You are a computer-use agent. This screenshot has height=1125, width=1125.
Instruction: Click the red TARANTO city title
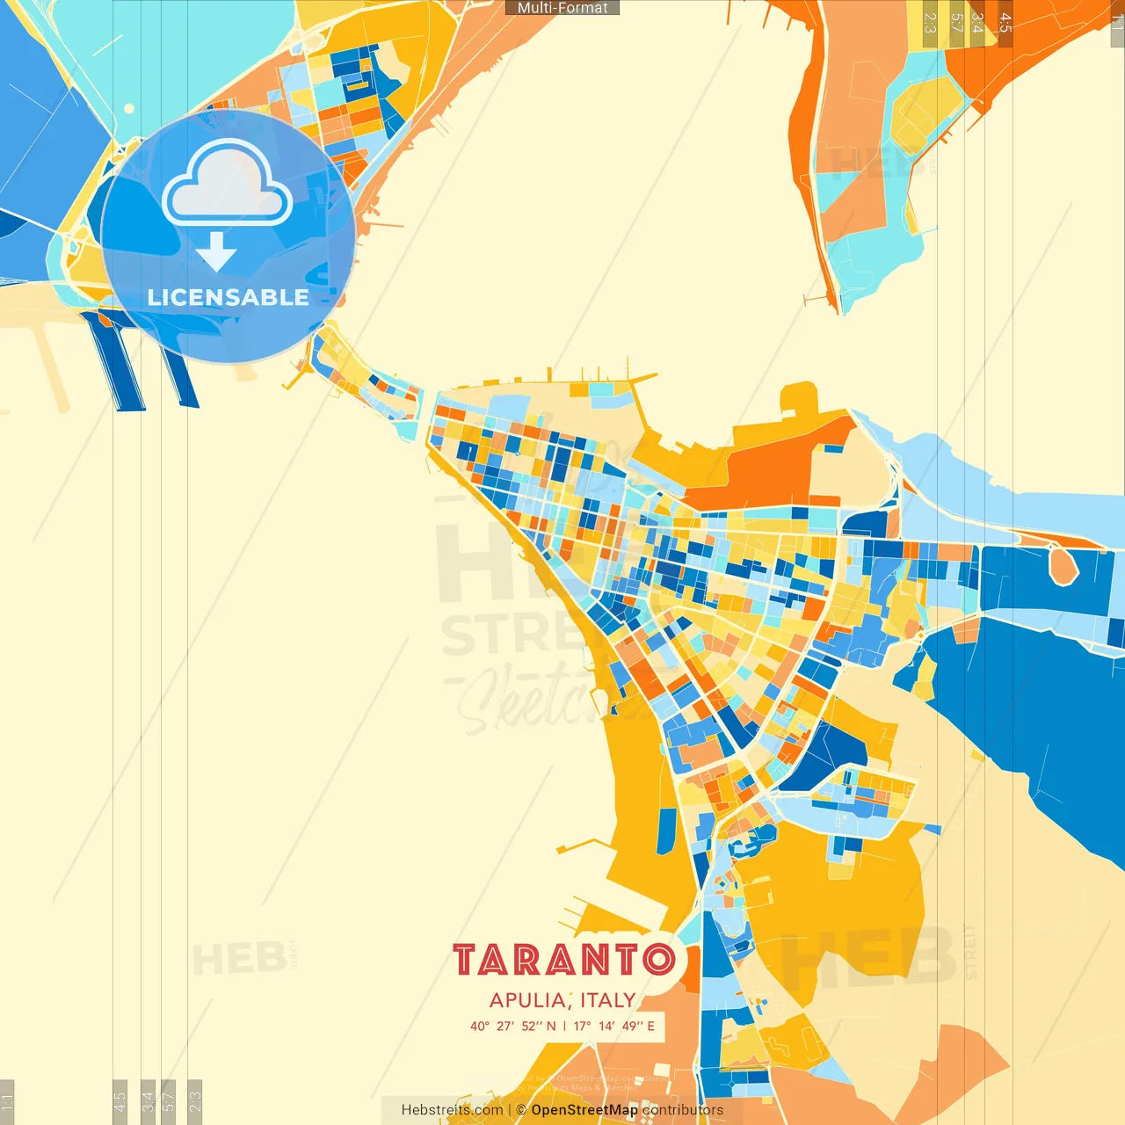pyautogui.click(x=563, y=960)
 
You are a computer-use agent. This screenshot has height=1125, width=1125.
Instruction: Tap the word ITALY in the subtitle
pyautogui.click(x=607, y=1000)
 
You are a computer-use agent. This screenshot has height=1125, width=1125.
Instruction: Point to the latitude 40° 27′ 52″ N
pyautogui.click(x=512, y=1026)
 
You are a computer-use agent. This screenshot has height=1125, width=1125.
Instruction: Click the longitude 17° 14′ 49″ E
pyautogui.click(x=614, y=1026)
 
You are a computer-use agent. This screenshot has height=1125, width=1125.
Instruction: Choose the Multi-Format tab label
pyautogui.click(x=562, y=8)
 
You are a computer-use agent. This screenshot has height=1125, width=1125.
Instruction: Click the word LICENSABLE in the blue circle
pyautogui.click(x=228, y=298)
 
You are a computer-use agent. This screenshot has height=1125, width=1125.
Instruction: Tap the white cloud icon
pyautogui.click(x=228, y=185)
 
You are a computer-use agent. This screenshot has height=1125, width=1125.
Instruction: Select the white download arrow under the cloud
pyautogui.click(x=216, y=252)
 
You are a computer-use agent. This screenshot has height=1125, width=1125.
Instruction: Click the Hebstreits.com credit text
pyautogui.click(x=452, y=1110)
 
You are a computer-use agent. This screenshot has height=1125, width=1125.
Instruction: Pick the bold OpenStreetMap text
pyautogui.click(x=584, y=1110)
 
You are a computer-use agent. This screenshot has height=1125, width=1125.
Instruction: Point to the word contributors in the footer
pyautogui.click(x=683, y=1110)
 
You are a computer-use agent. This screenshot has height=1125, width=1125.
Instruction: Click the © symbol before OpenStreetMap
pyautogui.click(x=521, y=1110)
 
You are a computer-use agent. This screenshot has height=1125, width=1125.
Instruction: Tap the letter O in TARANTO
pyautogui.click(x=658, y=960)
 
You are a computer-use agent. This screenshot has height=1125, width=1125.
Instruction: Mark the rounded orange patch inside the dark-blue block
pyautogui.click(x=1063, y=565)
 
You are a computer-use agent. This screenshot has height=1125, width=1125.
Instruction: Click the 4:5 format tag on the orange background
pyautogui.click(x=1005, y=23)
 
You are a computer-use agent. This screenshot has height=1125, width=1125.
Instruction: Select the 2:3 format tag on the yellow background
pyautogui.click(x=930, y=23)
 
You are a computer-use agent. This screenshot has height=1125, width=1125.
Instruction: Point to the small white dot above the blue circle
pyautogui.click(x=129, y=109)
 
